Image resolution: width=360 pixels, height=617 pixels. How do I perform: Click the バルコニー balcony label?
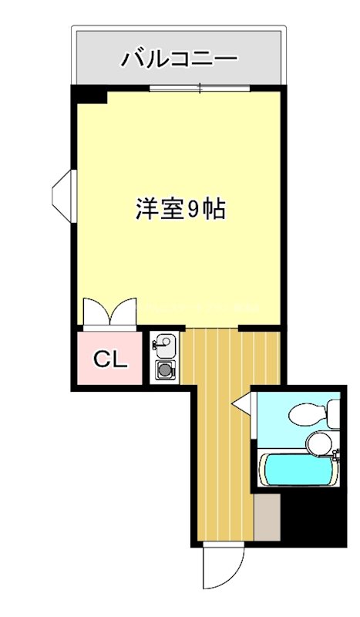coord(179,59)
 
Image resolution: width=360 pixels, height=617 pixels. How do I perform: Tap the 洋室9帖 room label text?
coord(180,209)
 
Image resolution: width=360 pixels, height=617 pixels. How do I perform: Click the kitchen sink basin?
coord(167,343)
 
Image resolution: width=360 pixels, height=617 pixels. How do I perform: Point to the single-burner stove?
coord(166,371)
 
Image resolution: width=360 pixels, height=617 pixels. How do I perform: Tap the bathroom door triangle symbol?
coord(244,403)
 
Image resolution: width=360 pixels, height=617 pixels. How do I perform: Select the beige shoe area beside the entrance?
coord(266,517)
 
